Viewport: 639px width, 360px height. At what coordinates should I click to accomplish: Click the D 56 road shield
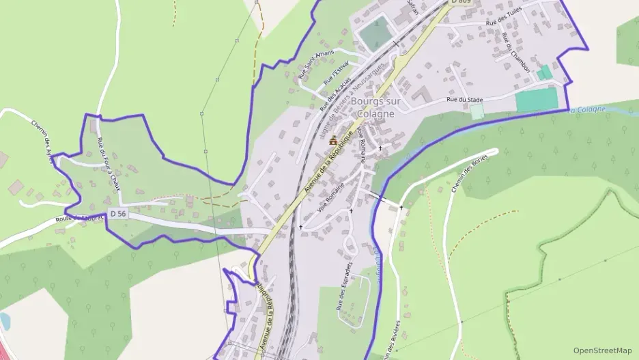117,214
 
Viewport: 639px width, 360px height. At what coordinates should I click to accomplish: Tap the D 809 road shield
461,2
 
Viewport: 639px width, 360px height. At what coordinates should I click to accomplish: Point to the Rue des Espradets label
344,286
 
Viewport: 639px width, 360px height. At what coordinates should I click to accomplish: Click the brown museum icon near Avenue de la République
333,141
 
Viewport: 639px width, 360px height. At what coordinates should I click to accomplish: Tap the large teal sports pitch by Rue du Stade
537,100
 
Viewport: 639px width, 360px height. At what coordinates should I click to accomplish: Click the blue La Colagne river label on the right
586,110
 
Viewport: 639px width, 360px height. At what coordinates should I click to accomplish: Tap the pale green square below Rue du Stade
477,111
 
